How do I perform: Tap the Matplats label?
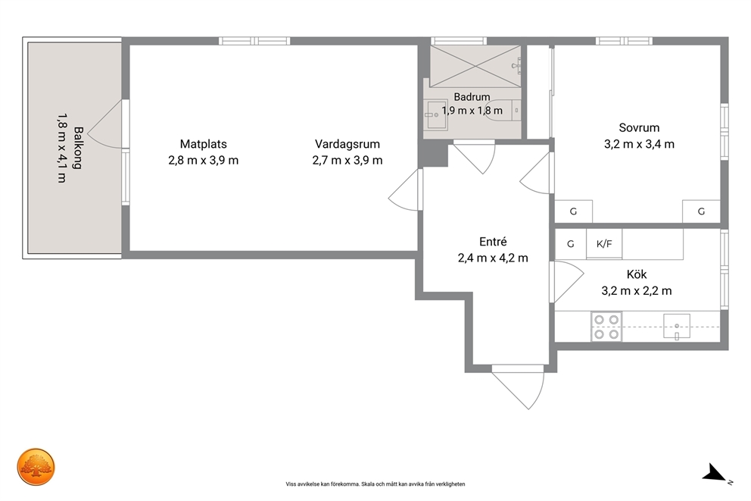(x=204, y=144)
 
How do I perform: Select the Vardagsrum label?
(x=347, y=144)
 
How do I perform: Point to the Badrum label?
(x=472, y=97)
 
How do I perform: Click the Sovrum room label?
(x=639, y=127)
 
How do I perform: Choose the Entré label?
(x=493, y=242)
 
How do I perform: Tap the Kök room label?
(x=637, y=274)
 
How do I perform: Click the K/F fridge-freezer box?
(x=604, y=244)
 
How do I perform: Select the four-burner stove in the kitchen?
(x=606, y=327)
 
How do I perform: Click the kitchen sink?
(x=677, y=327)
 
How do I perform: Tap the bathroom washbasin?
(x=436, y=114)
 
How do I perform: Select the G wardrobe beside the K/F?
(x=570, y=244)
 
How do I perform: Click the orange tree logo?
(x=36, y=467)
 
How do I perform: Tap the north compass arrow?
(x=715, y=473)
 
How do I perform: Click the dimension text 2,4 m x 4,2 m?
(x=493, y=258)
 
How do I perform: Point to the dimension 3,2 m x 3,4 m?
(x=639, y=144)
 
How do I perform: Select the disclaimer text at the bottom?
(x=375, y=484)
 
